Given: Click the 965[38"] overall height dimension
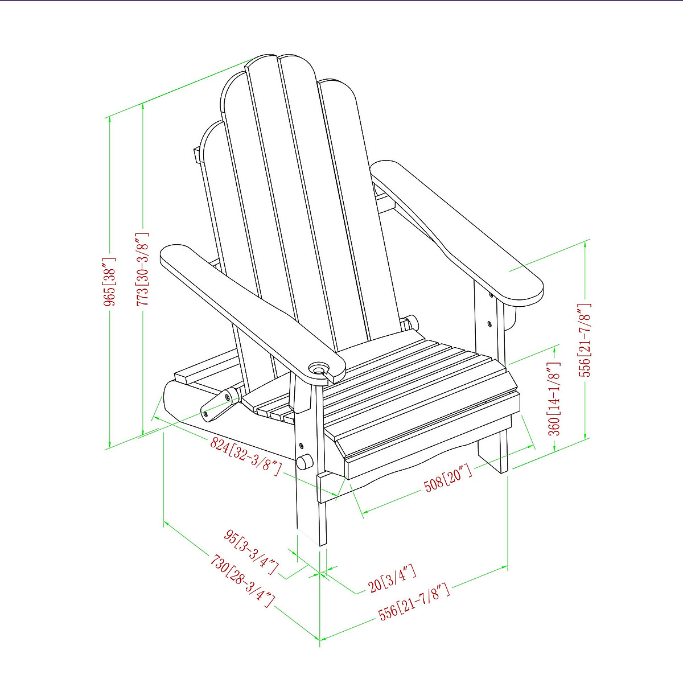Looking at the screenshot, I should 110,281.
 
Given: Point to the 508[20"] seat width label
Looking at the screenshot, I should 448,479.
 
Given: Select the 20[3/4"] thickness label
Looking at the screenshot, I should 392,578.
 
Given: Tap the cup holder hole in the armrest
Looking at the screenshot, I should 320,368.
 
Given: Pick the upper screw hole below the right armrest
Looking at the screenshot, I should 490,294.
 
